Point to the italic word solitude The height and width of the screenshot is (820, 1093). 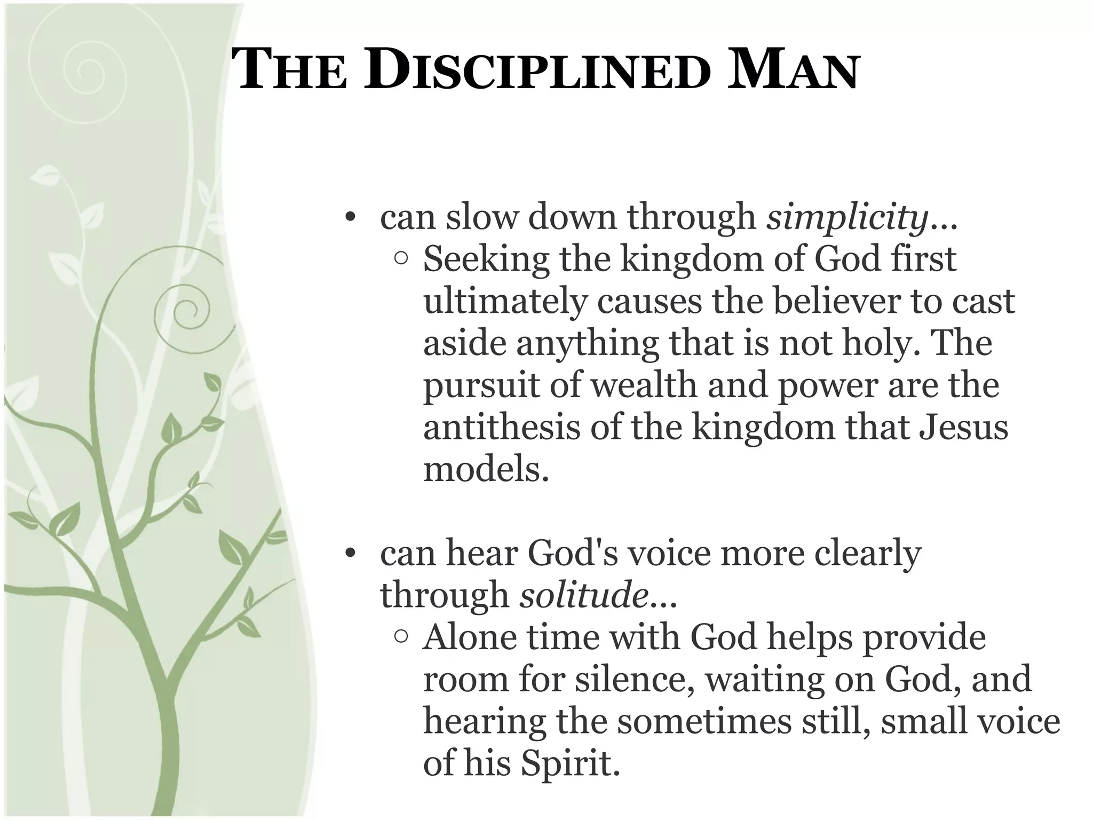point(584,595)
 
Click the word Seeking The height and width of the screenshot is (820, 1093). point(486,261)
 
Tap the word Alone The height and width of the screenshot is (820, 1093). point(470,637)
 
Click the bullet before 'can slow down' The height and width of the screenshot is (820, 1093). point(350,218)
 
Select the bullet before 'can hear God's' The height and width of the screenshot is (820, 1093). point(350,554)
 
